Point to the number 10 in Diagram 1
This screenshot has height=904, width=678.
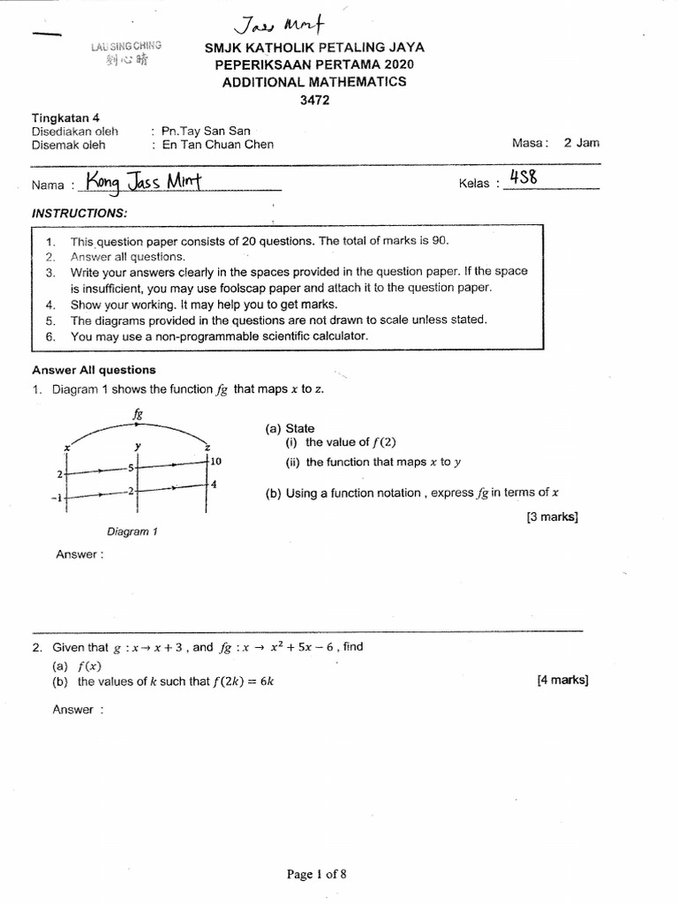click(x=217, y=462)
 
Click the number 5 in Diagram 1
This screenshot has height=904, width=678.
click(x=130, y=468)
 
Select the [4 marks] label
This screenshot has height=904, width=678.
click(x=561, y=680)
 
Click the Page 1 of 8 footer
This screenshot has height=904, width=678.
click(x=316, y=874)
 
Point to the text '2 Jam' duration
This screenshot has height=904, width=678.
click(x=582, y=143)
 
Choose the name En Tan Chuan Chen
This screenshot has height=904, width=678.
click(x=218, y=145)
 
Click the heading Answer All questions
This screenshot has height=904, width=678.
click(x=94, y=370)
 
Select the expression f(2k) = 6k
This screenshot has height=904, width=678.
click(x=235, y=682)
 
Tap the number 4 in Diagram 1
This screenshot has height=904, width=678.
click(x=214, y=485)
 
